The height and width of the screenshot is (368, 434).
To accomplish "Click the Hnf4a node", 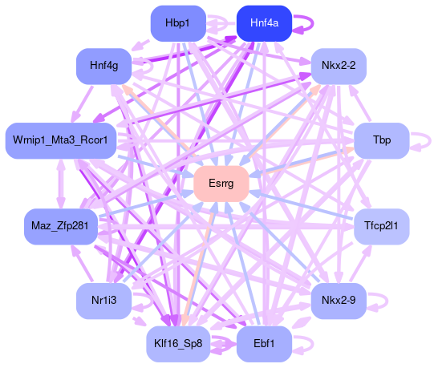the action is tap(264, 23).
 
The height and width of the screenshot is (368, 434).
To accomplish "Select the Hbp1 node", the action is tap(178, 23).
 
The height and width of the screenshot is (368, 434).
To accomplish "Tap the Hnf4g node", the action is tap(103, 66).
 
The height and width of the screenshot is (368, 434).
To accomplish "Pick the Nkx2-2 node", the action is tap(339, 66).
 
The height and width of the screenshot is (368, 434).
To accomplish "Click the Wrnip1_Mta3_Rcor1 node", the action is tap(61, 140).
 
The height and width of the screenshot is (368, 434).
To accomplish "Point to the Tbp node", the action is tap(382, 140).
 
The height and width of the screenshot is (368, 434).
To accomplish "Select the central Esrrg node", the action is tap(221, 184).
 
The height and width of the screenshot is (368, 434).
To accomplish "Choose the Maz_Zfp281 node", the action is tap(61, 227).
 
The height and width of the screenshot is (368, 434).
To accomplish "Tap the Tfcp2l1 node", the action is tap(382, 227).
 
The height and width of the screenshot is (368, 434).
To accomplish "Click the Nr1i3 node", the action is tap(103, 301).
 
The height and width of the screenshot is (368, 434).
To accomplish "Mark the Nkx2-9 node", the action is tap(339, 301).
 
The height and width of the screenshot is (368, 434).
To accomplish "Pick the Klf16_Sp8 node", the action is tap(178, 344).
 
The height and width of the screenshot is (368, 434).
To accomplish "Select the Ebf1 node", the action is tap(264, 344).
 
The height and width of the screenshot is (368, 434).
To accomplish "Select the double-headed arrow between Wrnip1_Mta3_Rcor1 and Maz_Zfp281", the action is tap(61, 184).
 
